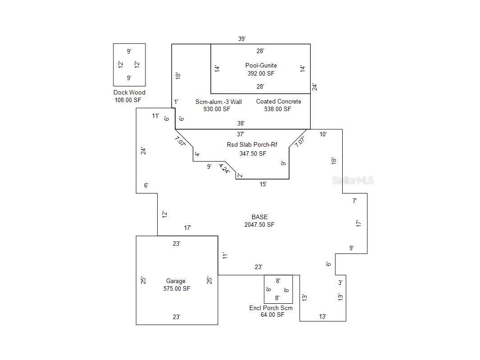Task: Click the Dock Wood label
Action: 129,92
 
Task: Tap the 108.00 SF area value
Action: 128,100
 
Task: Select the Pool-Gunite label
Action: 261,65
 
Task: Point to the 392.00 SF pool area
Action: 261,73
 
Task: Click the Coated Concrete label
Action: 279,102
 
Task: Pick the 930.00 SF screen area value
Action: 217,109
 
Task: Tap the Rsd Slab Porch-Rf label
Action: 252,144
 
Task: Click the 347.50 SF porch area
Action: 253,153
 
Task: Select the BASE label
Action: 260,217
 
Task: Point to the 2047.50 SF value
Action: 259,225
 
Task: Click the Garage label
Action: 176,281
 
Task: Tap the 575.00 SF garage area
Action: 177,289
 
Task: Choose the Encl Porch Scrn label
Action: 271,308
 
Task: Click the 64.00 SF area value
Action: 272,315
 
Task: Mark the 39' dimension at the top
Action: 242,39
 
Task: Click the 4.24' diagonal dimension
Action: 224,169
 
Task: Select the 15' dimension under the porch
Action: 263,184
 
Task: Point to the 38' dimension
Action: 241,123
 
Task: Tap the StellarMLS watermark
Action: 353,180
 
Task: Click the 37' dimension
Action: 240,134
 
